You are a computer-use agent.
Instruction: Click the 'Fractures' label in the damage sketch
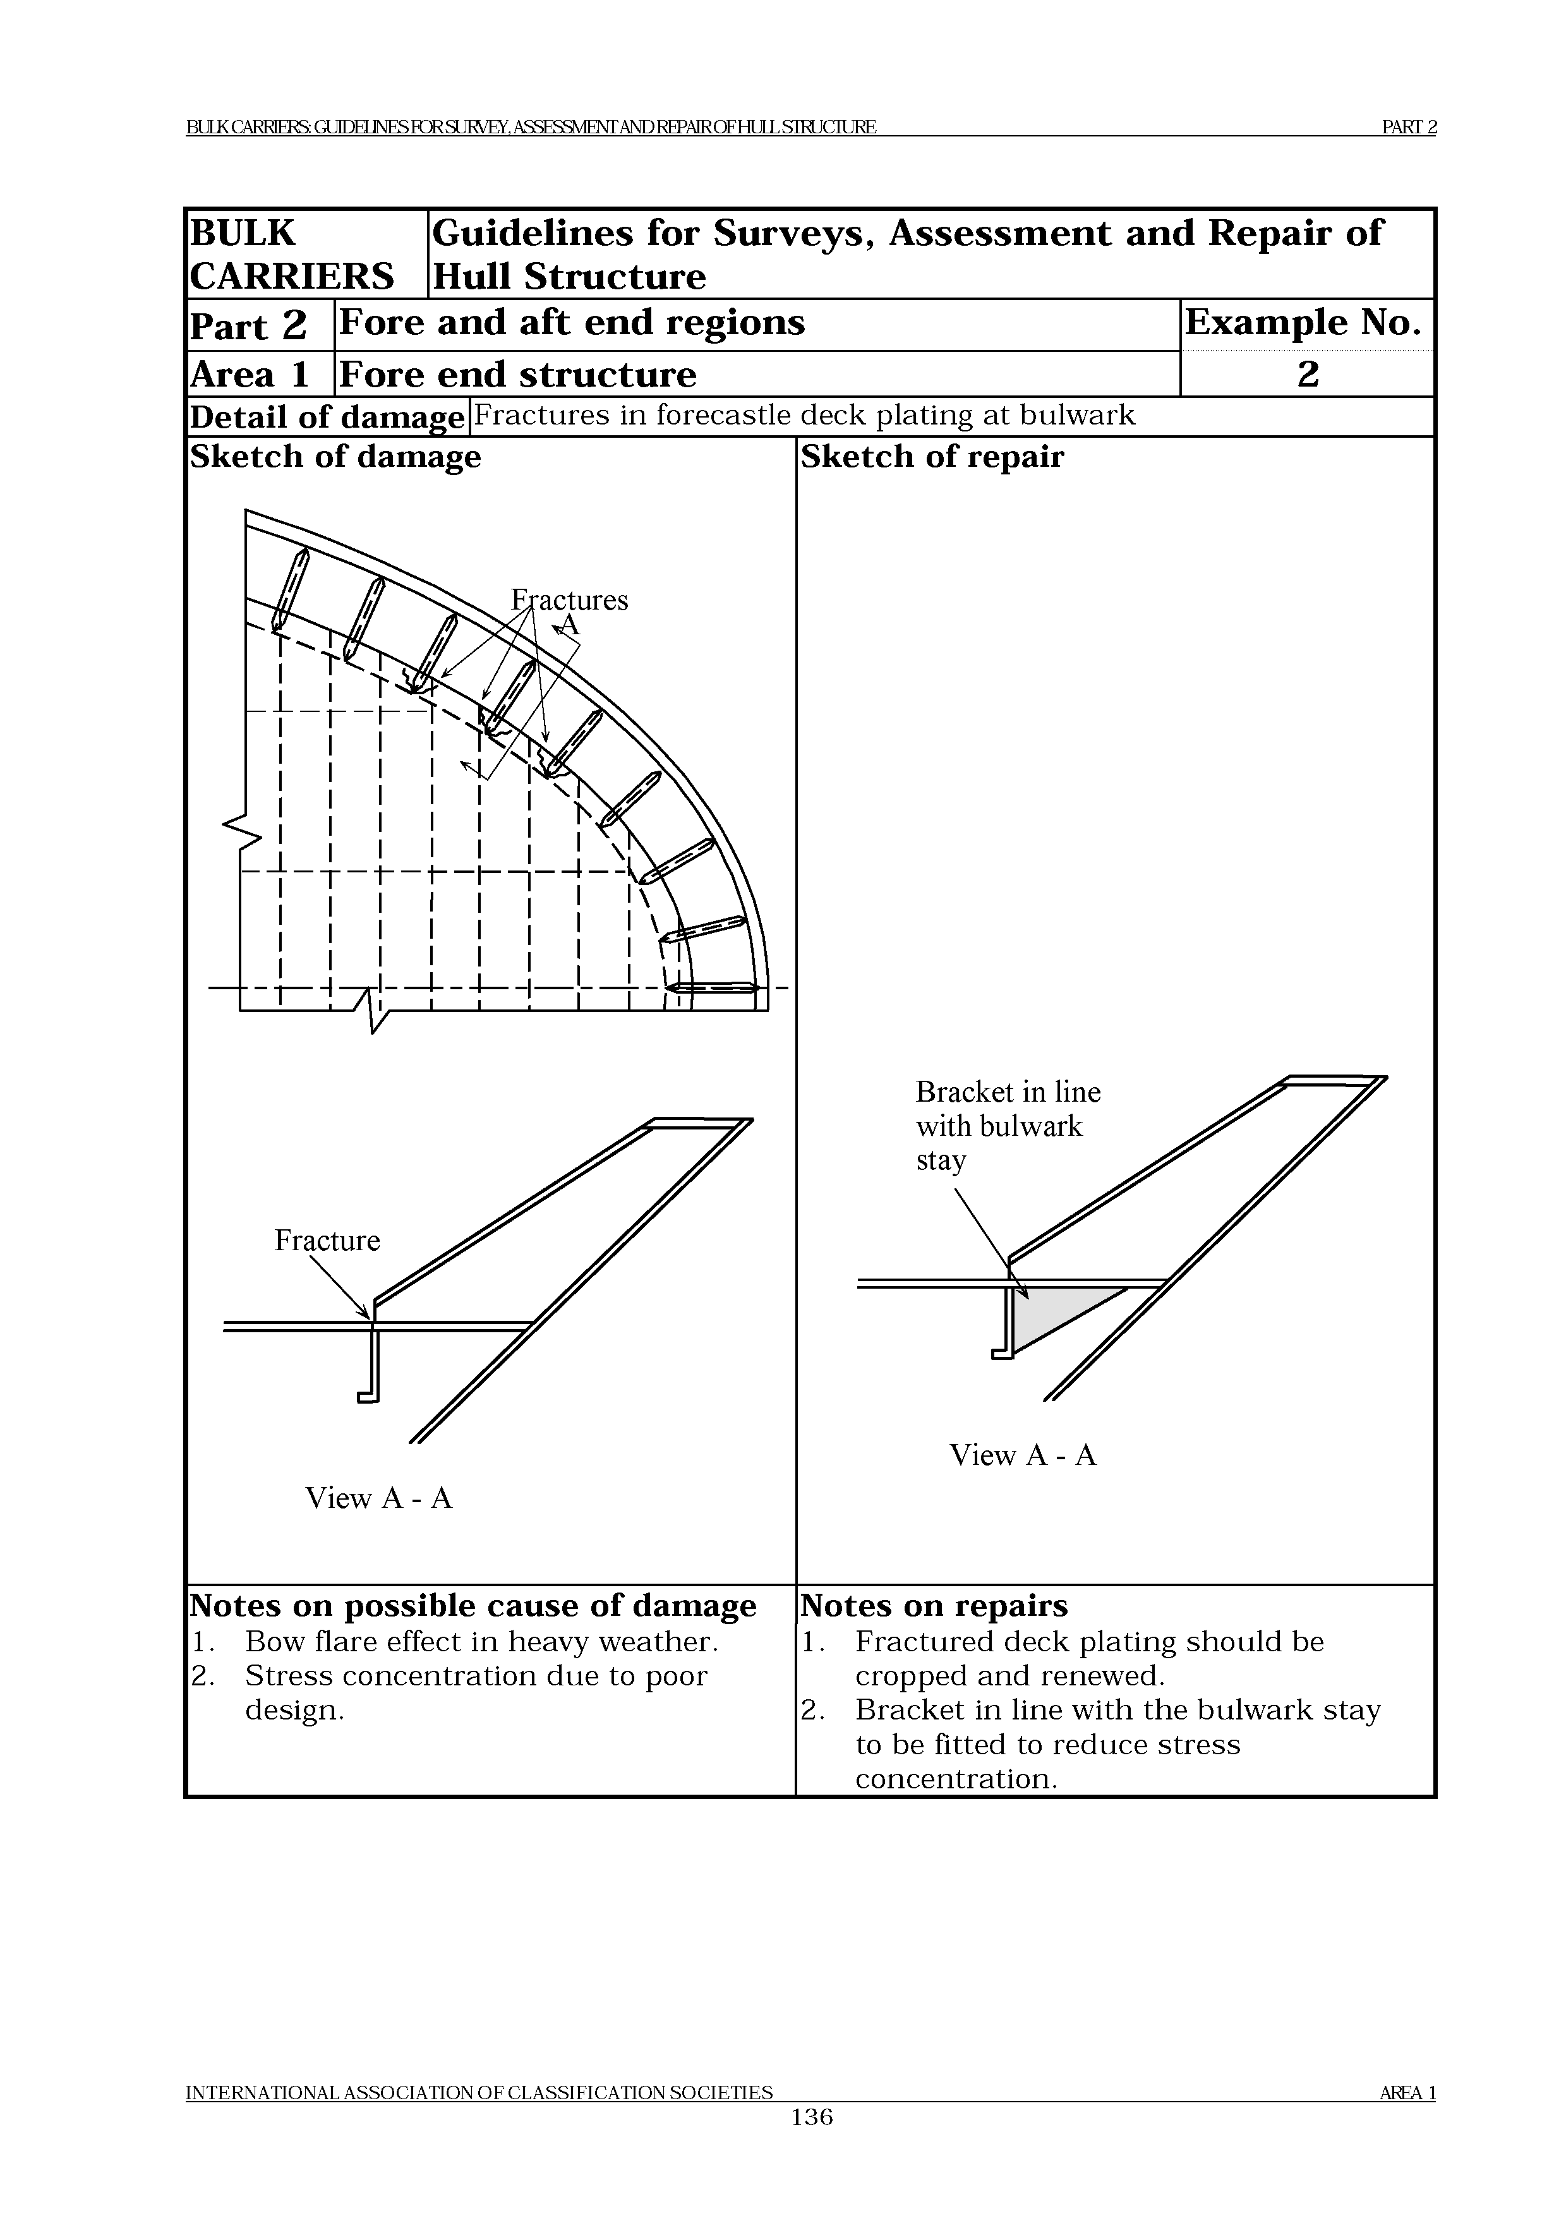tap(569, 600)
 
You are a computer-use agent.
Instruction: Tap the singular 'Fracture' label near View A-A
tap(327, 1240)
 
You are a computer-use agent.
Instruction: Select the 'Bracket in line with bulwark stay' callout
tap(1008, 1126)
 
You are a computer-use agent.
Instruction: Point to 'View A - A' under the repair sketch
tap(1023, 1455)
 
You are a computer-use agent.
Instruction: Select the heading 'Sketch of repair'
tap(931, 457)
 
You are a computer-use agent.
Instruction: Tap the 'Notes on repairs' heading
tap(934, 1605)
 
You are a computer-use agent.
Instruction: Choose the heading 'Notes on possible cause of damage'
tap(473, 1605)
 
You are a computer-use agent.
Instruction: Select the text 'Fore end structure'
tap(517, 375)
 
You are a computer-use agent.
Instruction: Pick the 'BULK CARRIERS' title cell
tap(291, 255)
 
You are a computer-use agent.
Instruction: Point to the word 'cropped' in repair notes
tap(911, 1675)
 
